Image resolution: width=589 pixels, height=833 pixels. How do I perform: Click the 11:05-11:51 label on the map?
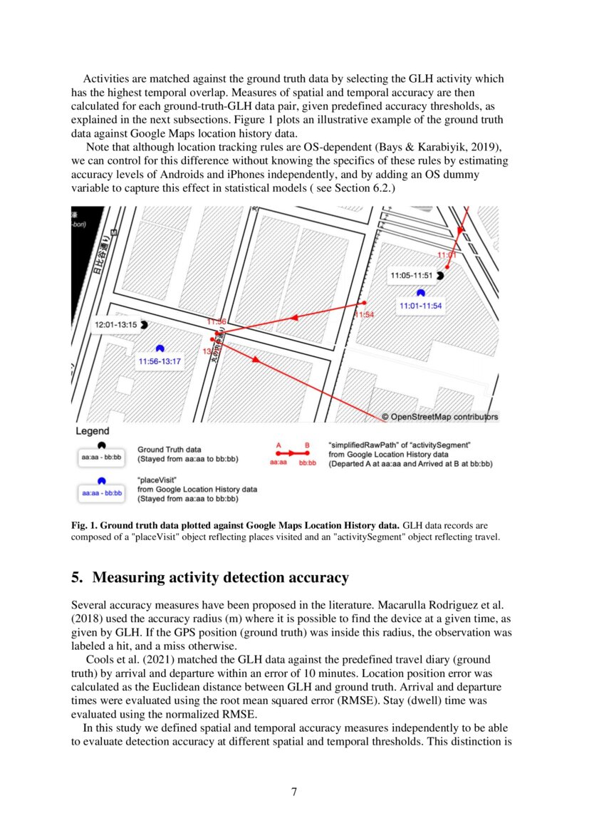(412, 274)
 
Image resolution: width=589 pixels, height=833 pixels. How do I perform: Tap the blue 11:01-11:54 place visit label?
(421, 306)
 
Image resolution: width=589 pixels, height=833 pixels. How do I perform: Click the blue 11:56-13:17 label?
(160, 361)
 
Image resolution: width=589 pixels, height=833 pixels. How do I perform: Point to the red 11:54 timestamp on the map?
(365, 314)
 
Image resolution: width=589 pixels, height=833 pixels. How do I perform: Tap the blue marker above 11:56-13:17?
(160, 348)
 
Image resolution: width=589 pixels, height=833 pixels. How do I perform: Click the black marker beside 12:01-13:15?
(144, 324)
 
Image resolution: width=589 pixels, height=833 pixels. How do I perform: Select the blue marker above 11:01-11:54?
(421, 292)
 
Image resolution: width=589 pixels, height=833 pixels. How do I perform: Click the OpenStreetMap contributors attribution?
(439, 417)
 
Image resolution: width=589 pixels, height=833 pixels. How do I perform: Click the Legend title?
(93, 431)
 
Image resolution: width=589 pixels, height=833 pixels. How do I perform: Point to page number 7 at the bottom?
(294, 792)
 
